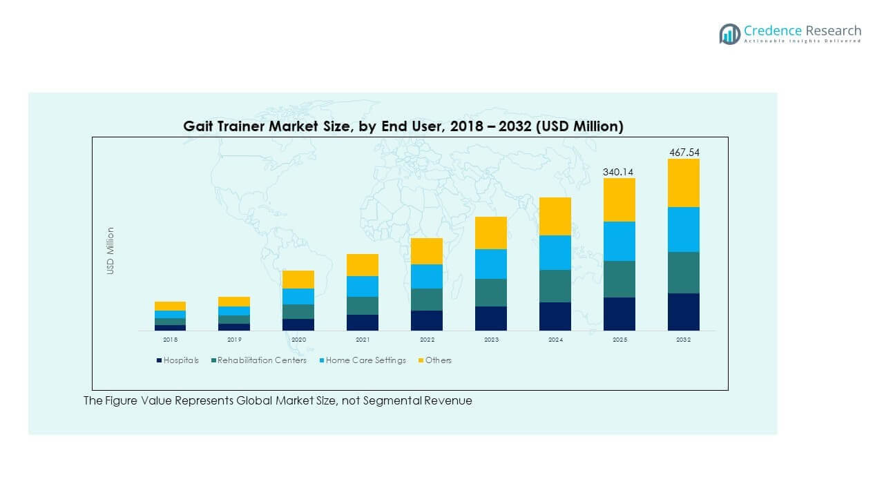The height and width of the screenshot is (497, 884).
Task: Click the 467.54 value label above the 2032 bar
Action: pyautogui.click(x=684, y=152)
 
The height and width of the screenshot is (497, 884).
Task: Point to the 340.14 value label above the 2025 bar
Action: pyautogui.click(x=619, y=171)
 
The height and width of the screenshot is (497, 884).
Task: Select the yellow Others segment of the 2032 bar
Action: pyautogui.click(x=684, y=183)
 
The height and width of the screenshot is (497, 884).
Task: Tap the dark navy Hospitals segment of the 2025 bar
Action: pyautogui.click(x=619, y=314)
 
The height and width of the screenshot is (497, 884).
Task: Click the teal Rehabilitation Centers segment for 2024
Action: pyautogui.click(x=555, y=286)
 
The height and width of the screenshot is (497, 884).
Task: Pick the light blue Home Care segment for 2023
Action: pyautogui.click(x=491, y=264)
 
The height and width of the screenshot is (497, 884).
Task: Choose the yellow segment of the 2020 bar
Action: pyautogui.click(x=298, y=280)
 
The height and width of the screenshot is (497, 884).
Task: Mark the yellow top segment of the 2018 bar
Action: pyautogui.click(x=170, y=306)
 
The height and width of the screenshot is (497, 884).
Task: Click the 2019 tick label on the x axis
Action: pyautogui.click(x=234, y=340)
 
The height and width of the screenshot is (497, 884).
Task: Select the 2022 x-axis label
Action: pyautogui.click(x=427, y=340)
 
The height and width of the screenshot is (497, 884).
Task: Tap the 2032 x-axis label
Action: pyautogui.click(x=684, y=340)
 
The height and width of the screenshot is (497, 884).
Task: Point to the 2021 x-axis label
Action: pyautogui.click(x=363, y=340)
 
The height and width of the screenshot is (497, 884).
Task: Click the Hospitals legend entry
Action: pyautogui.click(x=178, y=360)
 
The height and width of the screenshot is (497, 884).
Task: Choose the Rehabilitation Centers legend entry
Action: pyautogui.click(x=258, y=360)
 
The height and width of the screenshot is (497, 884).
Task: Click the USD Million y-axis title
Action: pyautogui.click(x=110, y=251)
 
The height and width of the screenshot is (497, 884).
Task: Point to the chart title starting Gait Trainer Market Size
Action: pyautogui.click(x=403, y=126)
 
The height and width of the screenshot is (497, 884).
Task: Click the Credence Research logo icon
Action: pyautogui.click(x=729, y=34)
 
